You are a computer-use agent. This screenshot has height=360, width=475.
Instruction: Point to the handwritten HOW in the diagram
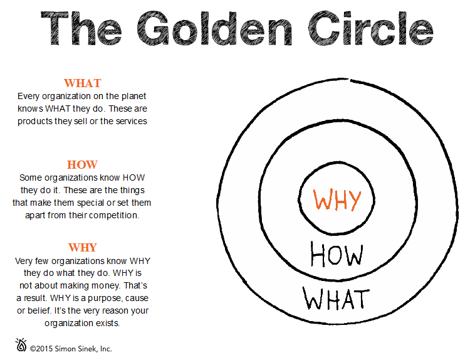point(337,255)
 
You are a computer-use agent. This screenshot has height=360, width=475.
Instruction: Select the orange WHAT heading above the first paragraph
point(82,83)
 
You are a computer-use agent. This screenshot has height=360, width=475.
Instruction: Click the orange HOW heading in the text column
point(82,165)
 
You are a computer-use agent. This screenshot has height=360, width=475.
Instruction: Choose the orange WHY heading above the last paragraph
point(82,247)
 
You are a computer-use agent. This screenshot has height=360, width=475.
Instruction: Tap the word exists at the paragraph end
point(107,323)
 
